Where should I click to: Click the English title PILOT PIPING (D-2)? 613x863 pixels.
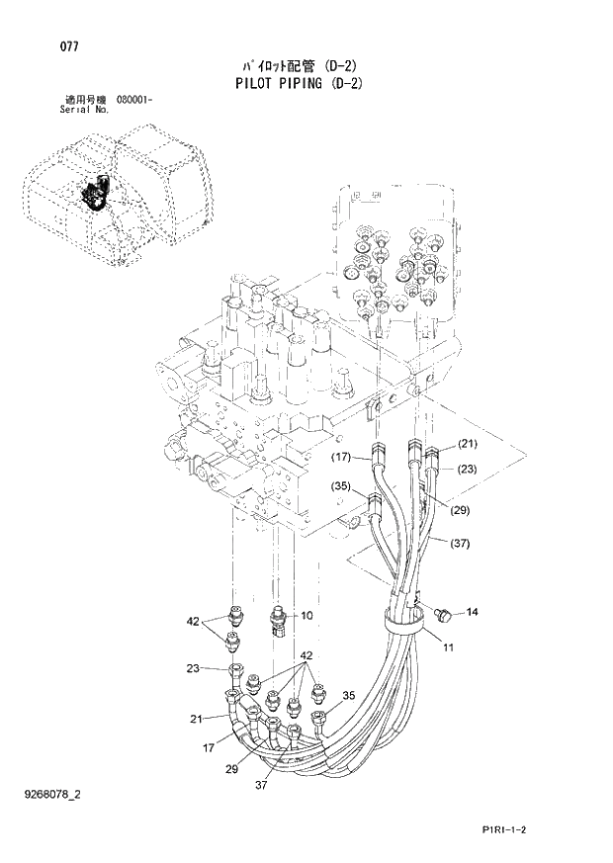pyautogui.click(x=300, y=84)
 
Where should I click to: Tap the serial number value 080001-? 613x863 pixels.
pyautogui.click(x=134, y=101)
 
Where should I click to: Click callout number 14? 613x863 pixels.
pyautogui.click(x=472, y=613)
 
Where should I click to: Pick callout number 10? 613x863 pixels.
pyautogui.click(x=306, y=615)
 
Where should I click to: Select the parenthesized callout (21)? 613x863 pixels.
pyautogui.click(x=467, y=443)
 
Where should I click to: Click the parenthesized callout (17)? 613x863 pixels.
pyautogui.click(x=341, y=457)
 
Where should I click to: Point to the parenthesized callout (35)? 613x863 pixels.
pyautogui.click(x=341, y=485)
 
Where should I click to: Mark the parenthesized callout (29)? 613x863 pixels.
pyautogui.click(x=460, y=510)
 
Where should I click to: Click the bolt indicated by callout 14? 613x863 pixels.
pyautogui.click(x=441, y=615)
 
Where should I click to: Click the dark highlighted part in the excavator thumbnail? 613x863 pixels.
pyautogui.click(x=97, y=194)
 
